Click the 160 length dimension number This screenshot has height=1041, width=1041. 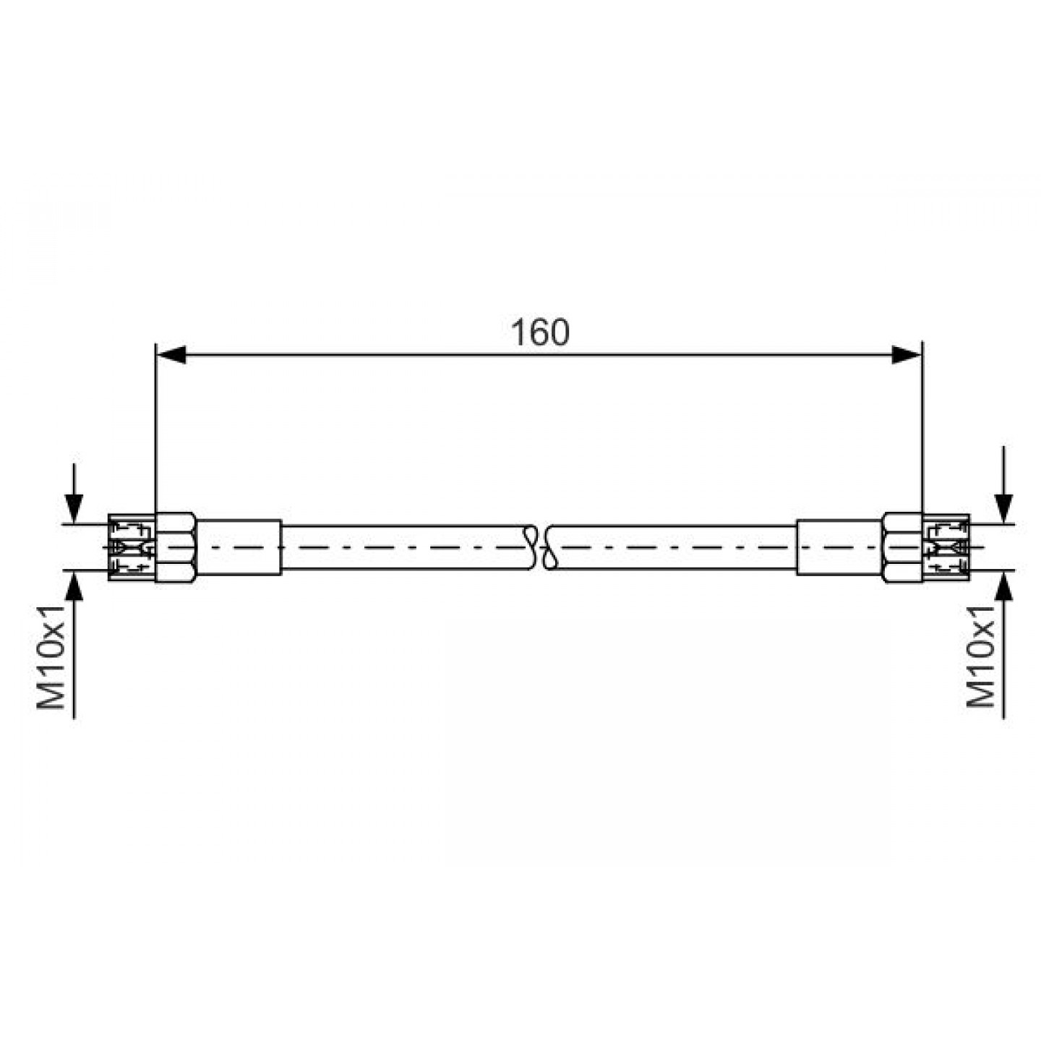click(x=540, y=333)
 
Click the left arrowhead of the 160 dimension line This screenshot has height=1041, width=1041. click(x=171, y=355)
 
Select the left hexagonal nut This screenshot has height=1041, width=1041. click(x=175, y=547)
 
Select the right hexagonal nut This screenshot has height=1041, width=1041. click(x=903, y=547)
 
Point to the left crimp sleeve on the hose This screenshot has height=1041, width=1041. click(x=239, y=547)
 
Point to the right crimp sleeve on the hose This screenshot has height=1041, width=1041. click(x=840, y=547)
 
